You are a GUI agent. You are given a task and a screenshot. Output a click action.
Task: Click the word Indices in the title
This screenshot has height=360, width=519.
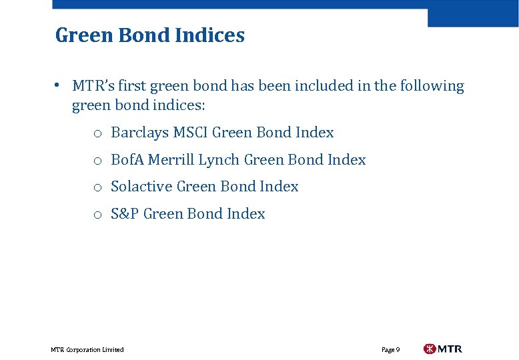(211, 35)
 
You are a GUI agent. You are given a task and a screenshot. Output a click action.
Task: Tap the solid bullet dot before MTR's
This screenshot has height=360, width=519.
(59, 85)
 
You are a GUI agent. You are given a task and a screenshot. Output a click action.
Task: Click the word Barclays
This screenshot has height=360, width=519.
(140, 133)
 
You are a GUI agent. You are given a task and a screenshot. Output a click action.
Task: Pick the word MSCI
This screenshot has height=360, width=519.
(191, 133)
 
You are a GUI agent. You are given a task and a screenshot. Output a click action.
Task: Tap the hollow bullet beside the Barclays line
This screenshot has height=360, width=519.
(97, 134)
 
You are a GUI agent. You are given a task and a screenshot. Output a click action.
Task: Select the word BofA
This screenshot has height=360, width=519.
(127, 160)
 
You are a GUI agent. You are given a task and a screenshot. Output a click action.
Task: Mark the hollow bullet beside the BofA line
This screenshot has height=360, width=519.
(97, 161)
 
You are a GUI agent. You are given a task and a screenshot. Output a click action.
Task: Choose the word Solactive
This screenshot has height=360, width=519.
(141, 187)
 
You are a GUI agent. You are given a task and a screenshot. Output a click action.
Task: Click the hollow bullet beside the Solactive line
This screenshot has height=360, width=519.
(97, 188)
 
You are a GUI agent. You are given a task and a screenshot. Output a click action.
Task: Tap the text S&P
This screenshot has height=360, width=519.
(125, 214)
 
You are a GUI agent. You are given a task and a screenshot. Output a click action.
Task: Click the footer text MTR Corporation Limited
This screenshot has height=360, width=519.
(87, 349)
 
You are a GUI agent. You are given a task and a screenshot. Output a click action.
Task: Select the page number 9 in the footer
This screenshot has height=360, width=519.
(398, 349)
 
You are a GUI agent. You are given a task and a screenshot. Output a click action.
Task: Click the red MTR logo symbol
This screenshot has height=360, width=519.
(430, 349)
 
